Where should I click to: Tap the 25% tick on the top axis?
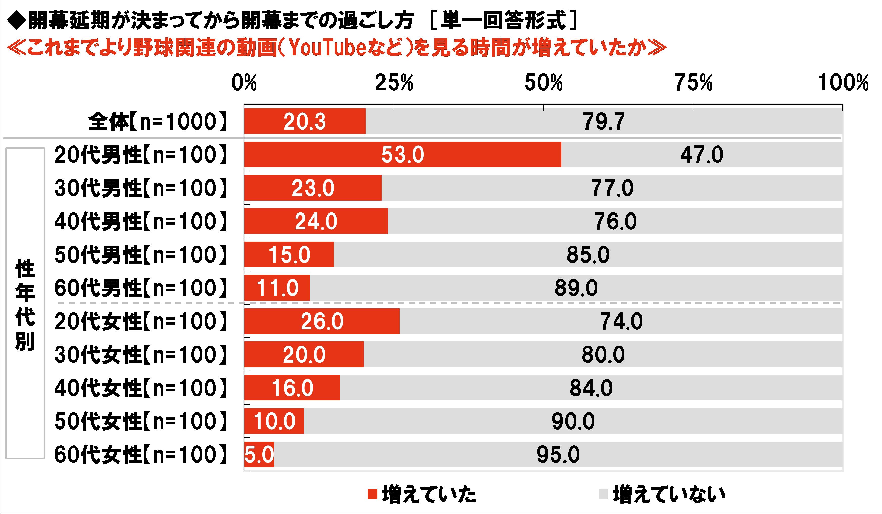394,83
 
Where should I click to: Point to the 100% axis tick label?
843,83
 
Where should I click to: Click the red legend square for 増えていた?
372,494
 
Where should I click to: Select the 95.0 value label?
558,455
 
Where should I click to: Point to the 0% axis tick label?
244,83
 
